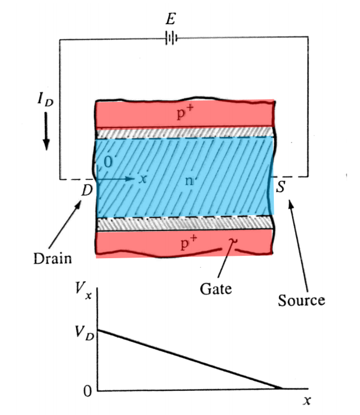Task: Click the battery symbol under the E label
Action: (171, 39)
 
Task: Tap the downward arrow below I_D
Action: (47, 136)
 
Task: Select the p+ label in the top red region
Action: (185, 113)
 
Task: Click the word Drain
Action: (52, 259)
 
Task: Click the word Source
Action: (301, 300)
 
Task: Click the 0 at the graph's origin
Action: (87, 391)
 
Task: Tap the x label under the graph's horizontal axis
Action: (306, 401)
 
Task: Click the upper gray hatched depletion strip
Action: (184, 133)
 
